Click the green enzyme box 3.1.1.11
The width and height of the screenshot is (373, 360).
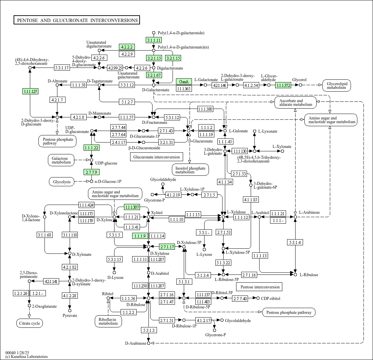[154, 40]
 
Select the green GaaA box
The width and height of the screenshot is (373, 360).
[184, 81]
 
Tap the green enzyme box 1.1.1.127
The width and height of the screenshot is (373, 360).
[31, 91]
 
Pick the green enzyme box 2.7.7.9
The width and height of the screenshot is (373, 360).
[91, 172]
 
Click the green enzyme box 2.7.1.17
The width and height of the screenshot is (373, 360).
[167, 247]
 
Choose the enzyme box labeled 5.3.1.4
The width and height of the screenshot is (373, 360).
[295, 242]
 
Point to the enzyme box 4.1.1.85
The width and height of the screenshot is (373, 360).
[251, 200]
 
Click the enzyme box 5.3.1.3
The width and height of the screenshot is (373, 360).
[149, 330]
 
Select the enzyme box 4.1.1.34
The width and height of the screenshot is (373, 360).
[225, 182]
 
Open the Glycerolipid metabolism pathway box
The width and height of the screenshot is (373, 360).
[337, 86]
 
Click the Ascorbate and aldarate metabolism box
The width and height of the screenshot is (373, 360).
[296, 103]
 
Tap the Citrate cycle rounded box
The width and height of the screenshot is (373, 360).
[30, 323]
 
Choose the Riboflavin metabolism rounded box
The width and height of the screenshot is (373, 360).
[108, 321]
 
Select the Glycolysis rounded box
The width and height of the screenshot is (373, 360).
[62, 182]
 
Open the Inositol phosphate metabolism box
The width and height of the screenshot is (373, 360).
[190, 170]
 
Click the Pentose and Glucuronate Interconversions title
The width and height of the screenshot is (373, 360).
[77, 20]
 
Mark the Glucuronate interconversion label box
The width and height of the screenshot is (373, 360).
[157, 157]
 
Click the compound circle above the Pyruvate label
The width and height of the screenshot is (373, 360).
[70, 310]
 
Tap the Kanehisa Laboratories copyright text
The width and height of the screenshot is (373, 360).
[26, 356]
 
